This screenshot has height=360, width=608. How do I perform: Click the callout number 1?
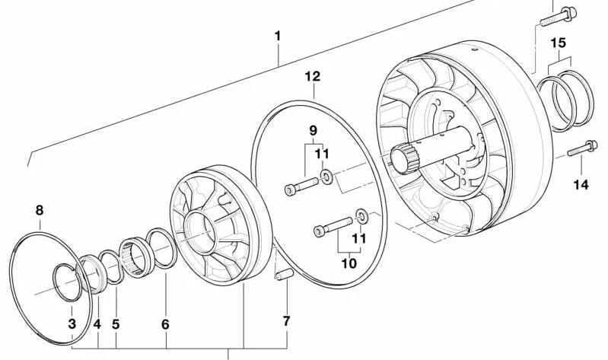[x=278, y=36]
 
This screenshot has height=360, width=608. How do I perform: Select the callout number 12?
[x=313, y=76]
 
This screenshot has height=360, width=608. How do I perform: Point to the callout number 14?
[x=581, y=184]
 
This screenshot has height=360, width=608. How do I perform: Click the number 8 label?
[x=40, y=210]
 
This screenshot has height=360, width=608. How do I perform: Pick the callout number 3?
[x=72, y=324]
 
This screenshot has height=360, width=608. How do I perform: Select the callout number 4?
[x=97, y=324]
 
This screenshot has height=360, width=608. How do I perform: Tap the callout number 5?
[x=116, y=324]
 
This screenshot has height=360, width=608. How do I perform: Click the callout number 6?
[x=165, y=324]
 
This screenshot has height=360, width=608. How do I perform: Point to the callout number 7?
[x=286, y=321]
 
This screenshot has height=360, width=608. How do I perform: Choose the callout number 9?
[x=313, y=131]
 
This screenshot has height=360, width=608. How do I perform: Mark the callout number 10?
[x=349, y=263]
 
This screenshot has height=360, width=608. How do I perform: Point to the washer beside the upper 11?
[x=325, y=177]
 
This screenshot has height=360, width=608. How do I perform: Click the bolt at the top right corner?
[x=557, y=13]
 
